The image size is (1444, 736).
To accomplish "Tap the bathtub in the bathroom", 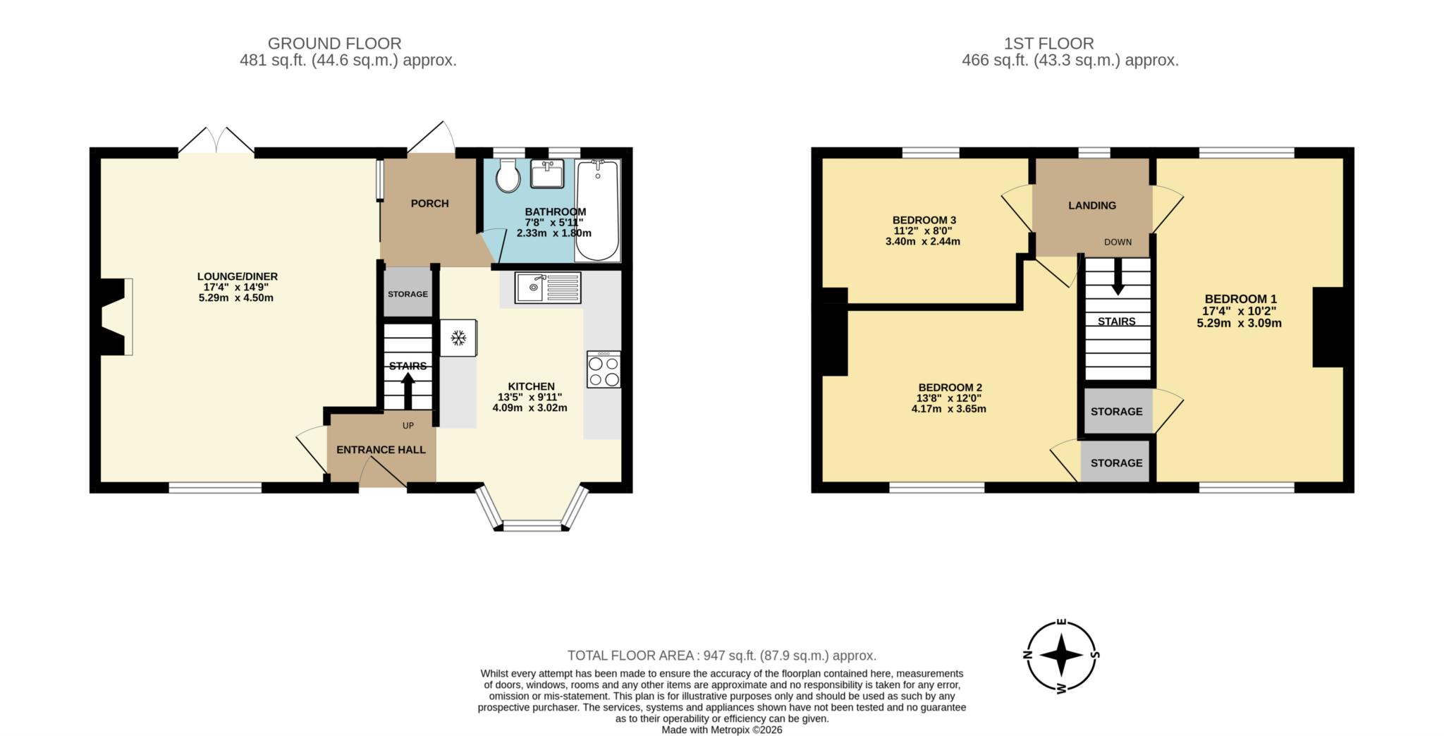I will [x=597, y=209].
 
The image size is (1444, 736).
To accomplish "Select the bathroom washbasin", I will [x=546, y=173].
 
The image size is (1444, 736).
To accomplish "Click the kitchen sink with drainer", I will [x=547, y=288].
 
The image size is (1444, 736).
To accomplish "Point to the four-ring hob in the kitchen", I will [x=604, y=369].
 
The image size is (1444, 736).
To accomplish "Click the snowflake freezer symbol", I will [x=458, y=338].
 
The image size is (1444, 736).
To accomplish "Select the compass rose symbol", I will [x=1061, y=656].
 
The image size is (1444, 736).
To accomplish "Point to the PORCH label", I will [x=429, y=204].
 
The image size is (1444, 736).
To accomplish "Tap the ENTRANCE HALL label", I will [x=381, y=450].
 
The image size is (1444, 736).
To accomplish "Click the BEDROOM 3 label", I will [x=924, y=220].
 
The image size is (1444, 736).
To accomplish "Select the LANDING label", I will [x=1091, y=206].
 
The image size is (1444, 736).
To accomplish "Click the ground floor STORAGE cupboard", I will [x=408, y=293].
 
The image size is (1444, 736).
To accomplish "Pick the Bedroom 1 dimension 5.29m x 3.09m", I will [x=1239, y=324].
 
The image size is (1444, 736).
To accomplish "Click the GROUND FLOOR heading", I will [x=334, y=44].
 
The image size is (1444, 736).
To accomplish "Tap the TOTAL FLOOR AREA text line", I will [x=722, y=656].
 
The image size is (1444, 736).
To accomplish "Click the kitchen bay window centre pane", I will [x=532, y=525].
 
